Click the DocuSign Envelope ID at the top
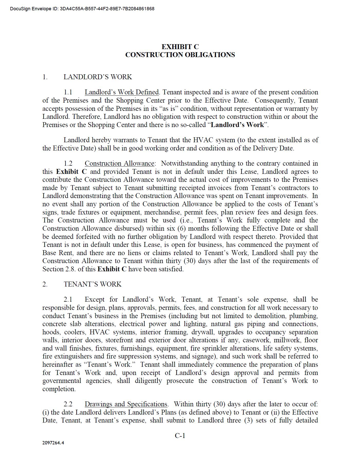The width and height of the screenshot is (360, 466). point(82,9)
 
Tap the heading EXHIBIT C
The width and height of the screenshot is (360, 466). point(180,47)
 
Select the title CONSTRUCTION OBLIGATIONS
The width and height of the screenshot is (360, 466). point(180,55)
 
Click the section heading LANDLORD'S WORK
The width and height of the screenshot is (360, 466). point(98,77)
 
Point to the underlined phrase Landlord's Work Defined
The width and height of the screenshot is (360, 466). point(122,92)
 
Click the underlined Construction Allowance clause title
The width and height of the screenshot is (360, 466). point(119,163)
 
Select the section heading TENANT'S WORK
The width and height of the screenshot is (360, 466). point(93,284)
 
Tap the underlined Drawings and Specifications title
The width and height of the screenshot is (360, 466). point(126,404)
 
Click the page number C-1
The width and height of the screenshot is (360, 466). point(180,435)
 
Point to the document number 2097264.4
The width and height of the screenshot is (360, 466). point(53,443)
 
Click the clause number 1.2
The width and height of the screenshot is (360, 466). point(68,163)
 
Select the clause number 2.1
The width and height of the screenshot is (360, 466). point(68,299)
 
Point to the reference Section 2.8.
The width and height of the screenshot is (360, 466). point(57,269)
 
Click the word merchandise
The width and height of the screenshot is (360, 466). point(162,212)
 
